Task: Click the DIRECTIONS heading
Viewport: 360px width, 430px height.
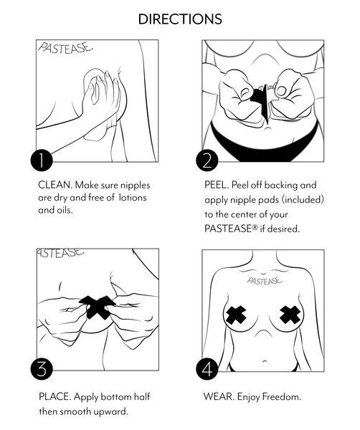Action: click(180, 19)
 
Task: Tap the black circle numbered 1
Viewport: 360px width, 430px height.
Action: click(42, 161)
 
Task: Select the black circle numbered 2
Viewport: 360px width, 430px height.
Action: click(207, 161)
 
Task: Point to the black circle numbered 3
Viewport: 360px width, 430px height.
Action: click(42, 371)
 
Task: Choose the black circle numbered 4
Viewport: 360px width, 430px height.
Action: click(207, 371)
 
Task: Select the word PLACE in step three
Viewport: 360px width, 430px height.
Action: click(55, 396)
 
